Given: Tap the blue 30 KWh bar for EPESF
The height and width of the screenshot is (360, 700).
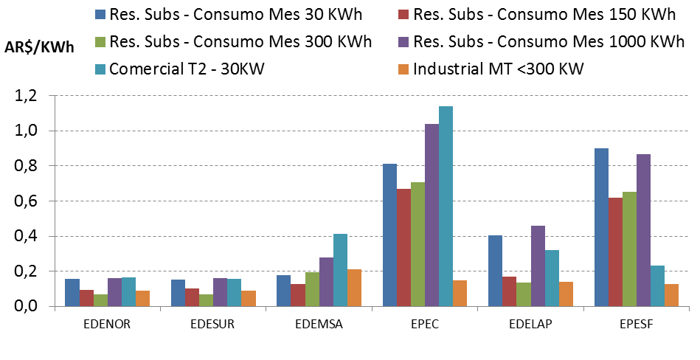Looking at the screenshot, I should click(601, 227).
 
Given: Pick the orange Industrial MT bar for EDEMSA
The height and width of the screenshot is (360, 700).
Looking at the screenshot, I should click(354, 288).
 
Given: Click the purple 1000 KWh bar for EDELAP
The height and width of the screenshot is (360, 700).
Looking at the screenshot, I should click(538, 266).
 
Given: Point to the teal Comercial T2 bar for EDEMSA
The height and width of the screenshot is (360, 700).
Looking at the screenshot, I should click(339, 270).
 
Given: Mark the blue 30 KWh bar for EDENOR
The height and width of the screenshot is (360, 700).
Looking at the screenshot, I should click(72, 292).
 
